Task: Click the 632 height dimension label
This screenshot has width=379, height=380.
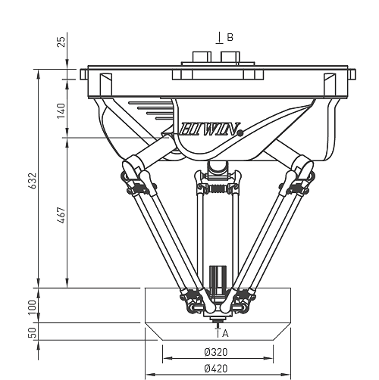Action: point(33,181)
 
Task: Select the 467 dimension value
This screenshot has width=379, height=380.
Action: point(61,215)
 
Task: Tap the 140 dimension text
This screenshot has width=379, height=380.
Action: point(61,111)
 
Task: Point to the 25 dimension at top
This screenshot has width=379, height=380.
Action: point(61,42)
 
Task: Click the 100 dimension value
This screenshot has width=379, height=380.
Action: point(33,307)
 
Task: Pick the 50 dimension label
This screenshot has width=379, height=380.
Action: point(33,333)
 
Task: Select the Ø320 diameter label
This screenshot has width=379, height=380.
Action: point(216,352)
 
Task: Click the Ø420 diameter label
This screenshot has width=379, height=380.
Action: point(216,369)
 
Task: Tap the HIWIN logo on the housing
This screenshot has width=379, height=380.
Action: point(209,129)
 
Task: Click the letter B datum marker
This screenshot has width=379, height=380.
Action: point(230,37)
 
